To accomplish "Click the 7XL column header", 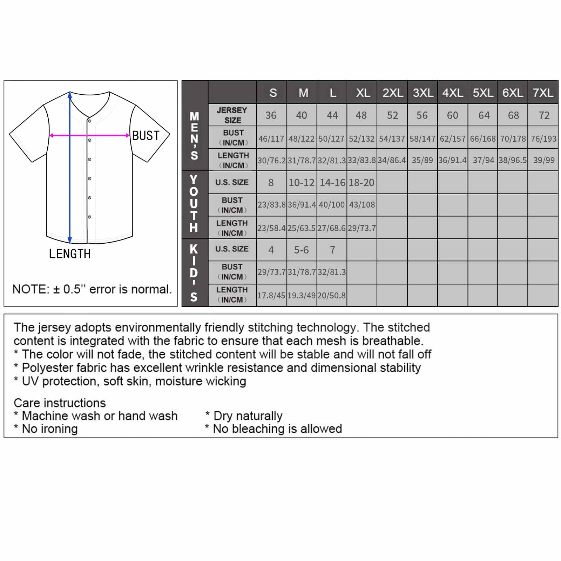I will [543, 93].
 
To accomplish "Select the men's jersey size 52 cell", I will [392, 115].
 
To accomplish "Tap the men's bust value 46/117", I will [271, 139].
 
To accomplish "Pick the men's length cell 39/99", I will [543, 160].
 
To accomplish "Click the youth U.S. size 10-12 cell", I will [302, 183].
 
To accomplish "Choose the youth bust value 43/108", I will [362, 204].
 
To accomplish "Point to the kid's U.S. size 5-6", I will [302, 250].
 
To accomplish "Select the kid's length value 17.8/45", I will [271, 296].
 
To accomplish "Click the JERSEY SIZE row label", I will [232, 115].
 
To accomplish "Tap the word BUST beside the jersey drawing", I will [146, 136].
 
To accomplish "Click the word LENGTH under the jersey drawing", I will [70, 254].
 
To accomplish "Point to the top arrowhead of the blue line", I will [70, 94].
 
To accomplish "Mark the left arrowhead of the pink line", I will [52, 135].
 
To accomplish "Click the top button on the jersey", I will [90, 121].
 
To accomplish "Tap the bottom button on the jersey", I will [90, 217].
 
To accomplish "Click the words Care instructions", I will [60, 403].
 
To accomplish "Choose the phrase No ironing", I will [50, 429].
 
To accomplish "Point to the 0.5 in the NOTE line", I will [72, 290].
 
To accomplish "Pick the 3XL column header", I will [423, 93].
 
